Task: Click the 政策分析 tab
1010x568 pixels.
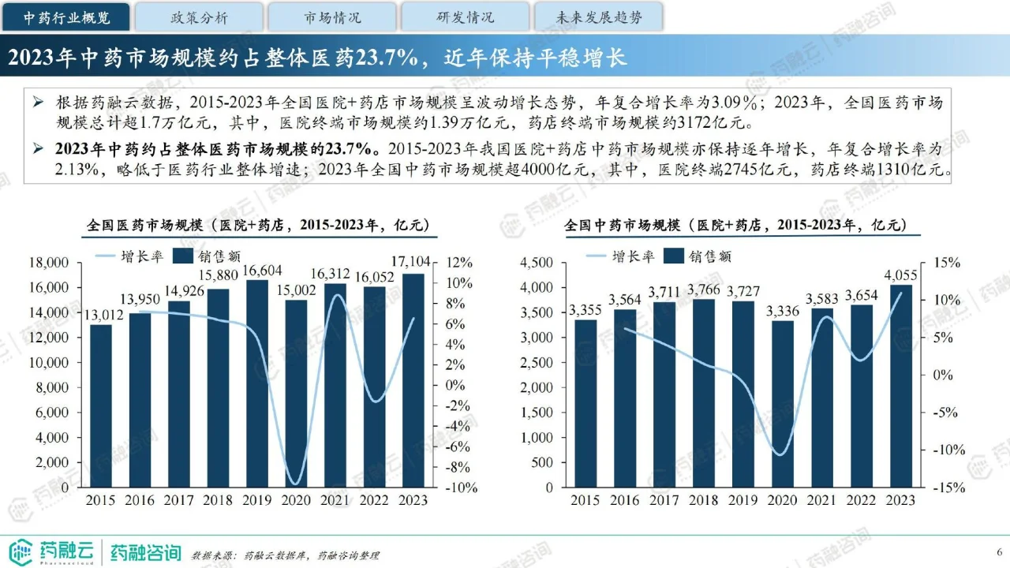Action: (199, 17)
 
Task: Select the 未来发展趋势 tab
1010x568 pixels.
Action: (598, 17)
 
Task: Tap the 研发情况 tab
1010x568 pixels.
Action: (466, 17)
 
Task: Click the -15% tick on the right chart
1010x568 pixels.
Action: (949, 488)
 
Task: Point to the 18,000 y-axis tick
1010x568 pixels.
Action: (50, 263)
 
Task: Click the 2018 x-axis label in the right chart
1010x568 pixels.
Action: (701, 500)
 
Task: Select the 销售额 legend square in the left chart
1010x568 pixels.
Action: (182, 256)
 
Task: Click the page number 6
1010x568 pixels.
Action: (1000, 551)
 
